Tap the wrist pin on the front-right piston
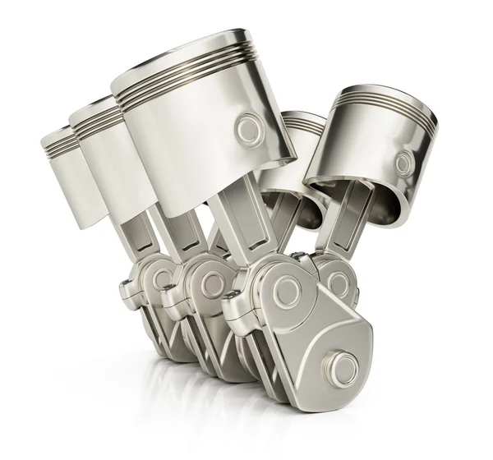(x=403, y=163)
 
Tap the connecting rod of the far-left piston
(x=140, y=238)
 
